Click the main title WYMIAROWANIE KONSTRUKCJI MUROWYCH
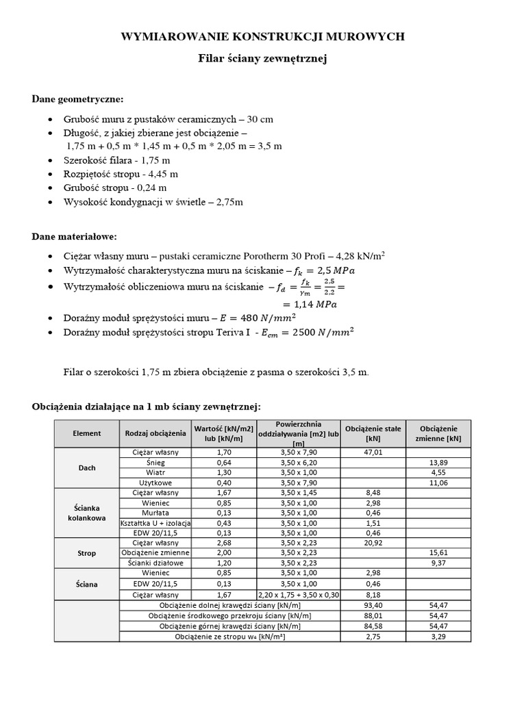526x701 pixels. point(263,36)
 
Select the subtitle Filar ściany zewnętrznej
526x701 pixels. point(263,60)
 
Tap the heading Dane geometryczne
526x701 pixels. point(78,99)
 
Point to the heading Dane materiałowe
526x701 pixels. point(75,237)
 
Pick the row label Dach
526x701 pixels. point(87,468)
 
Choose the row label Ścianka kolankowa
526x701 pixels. point(87,513)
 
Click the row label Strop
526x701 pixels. point(87,552)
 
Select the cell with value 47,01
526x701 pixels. point(373,453)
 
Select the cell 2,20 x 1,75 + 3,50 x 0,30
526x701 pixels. point(298,596)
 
